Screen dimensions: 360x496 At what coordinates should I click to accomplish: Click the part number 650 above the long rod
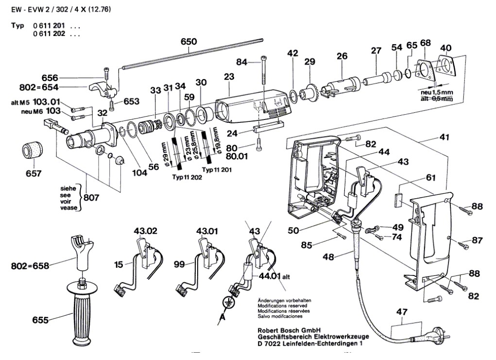[188, 42]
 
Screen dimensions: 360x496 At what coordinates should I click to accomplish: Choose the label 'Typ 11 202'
[187, 178]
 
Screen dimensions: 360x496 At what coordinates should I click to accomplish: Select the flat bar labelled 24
[268, 130]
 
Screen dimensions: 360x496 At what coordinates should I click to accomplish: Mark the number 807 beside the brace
[92, 198]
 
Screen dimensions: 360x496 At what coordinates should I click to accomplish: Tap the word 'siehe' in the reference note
[68, 187]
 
